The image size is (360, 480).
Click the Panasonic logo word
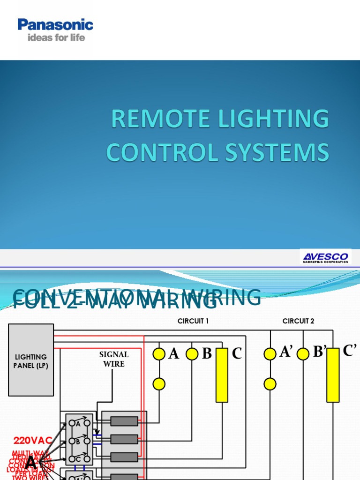[x=55, y=25]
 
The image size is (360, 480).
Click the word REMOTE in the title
[x=157, y=119]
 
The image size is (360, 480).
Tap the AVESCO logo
[x=325, y=257]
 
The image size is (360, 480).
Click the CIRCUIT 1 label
[x=193, y=321]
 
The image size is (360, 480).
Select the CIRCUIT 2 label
[x=298, y=321]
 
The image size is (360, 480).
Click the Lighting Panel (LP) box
[x=31, y=360]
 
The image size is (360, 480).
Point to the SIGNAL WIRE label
[x=114, y=359]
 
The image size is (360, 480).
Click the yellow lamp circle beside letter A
[x=159, y=354]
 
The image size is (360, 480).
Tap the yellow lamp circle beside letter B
[x=192, y=354]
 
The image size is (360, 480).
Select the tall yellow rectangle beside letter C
[x=222, y=375]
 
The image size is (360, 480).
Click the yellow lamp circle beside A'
[x=270, y=354]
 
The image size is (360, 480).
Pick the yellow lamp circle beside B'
[x=303, y=354]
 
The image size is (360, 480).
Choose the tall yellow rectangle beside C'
[x=333, y=375]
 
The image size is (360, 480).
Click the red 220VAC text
[x=33, y=441]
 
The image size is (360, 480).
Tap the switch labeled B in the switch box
[x=78, y=441]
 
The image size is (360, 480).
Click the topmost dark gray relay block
[x=124, y=421]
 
